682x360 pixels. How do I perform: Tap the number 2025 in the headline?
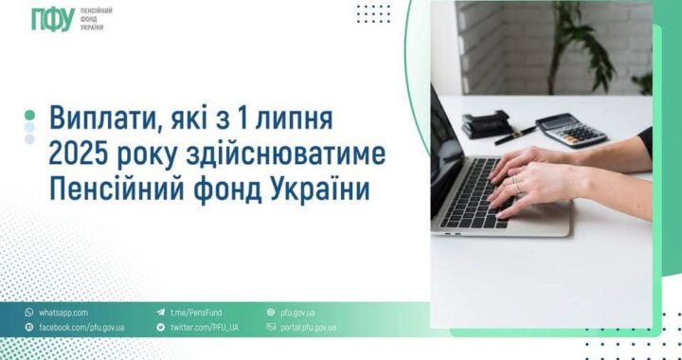(81, 154)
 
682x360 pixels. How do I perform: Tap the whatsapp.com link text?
(63, 312)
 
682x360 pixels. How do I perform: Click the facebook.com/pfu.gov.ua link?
(81, 327)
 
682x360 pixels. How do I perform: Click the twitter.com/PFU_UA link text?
(204, 327)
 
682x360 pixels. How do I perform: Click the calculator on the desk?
(571, 130)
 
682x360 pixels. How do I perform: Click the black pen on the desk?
(515, 135)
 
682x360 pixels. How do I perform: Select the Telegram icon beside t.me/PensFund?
(161, 312)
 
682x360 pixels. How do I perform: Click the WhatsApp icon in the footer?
(29, 312)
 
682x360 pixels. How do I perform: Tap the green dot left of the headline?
(29, 114)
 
